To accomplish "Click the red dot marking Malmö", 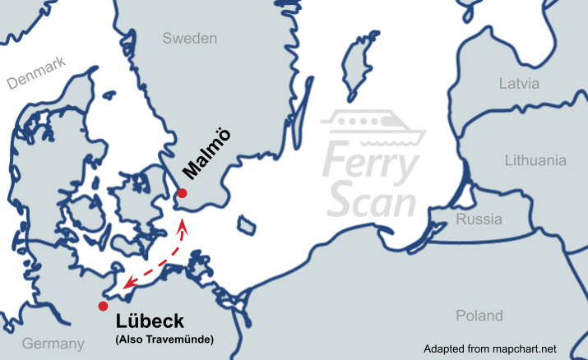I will (x=183, y=193).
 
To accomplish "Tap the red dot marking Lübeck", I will (x=102, y=306).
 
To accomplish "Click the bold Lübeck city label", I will (x=150, y=321).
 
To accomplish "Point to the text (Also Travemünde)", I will (x=164, y=339).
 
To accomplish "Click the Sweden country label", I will (x=189, y=39).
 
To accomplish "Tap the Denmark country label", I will (x=35, y=77).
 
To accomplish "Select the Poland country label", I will (x=479, y=316).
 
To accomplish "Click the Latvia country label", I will (x=519, y=83).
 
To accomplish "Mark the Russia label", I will (x=479, y=219).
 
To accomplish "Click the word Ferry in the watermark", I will (x=368, y=162).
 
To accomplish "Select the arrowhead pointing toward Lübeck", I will (x=124, y=286).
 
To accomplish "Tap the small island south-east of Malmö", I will (x=244, y=224).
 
